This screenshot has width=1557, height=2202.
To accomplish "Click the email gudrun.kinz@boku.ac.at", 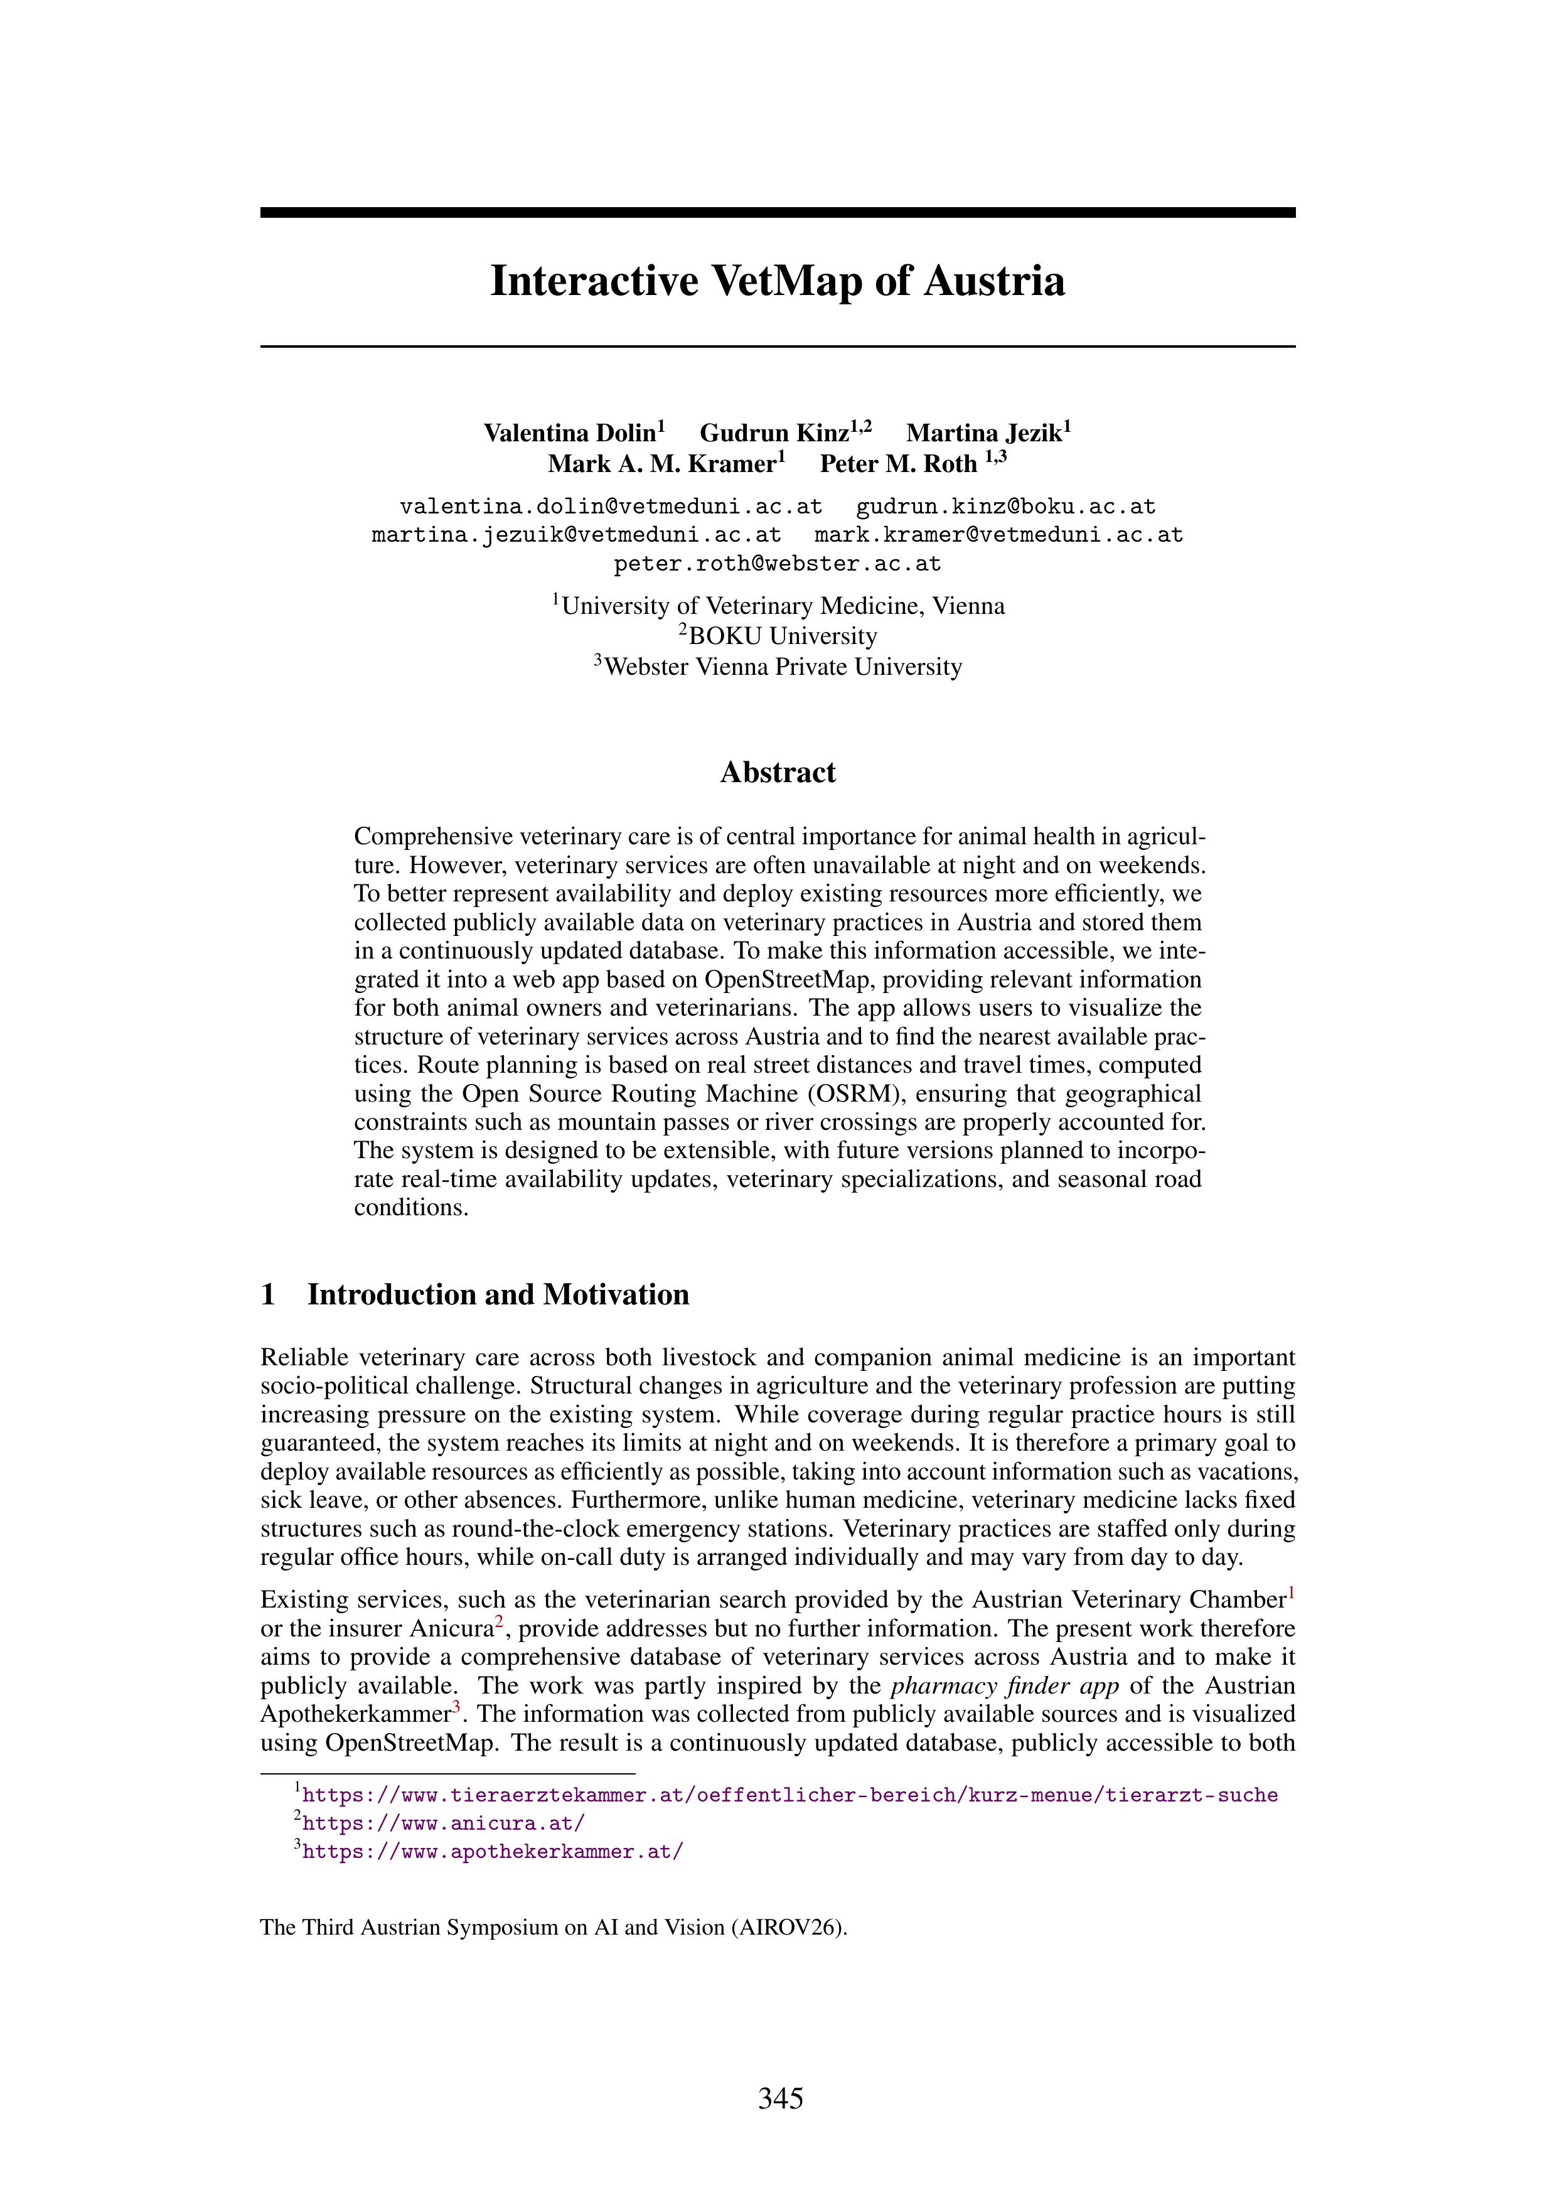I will [1006, 507].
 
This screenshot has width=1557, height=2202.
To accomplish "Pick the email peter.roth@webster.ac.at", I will [778, 564].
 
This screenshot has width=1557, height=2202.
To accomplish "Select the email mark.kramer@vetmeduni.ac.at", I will [998, 535].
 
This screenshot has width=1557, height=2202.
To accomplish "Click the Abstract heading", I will [778, 773].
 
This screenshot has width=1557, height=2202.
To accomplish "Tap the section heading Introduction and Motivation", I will [498, 1295].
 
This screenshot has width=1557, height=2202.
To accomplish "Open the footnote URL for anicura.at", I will [443, 1823].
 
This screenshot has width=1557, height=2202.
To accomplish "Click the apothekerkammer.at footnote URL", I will [493, 1852].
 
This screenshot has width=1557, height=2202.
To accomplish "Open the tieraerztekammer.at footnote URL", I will [789, 1795].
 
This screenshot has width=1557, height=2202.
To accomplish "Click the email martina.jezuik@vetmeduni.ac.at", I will [576, 535].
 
